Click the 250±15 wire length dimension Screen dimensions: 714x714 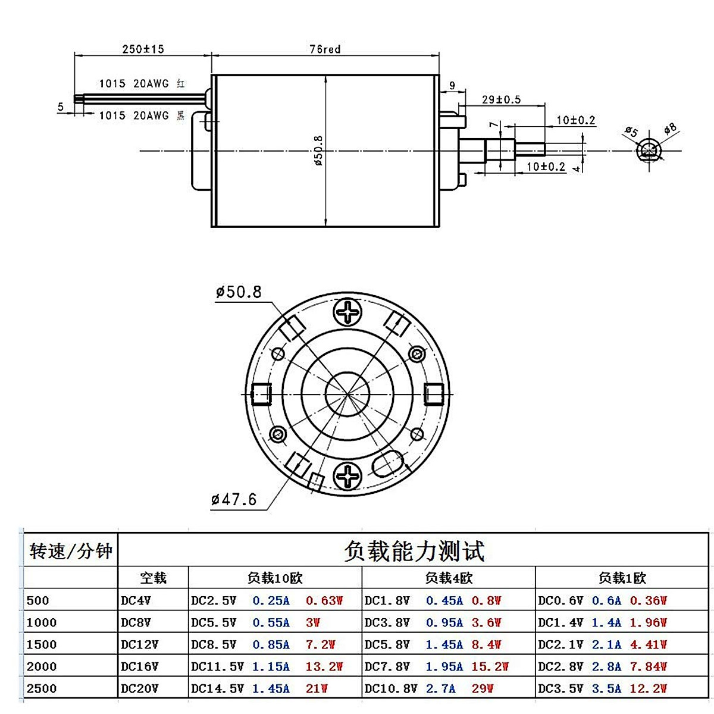coord(143,49)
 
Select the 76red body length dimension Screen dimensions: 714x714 coord(325,49)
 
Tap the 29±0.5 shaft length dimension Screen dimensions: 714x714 coord(501,99)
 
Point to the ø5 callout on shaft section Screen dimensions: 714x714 coord(631,131)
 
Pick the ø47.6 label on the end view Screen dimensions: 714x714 coord(234,499)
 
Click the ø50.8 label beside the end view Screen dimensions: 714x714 coord(239,292)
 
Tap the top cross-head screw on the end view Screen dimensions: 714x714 coord(347,312)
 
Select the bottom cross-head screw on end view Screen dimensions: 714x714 coord(347,477)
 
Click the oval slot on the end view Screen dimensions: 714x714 coord(389,463)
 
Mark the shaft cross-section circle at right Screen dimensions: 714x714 coord(649,151)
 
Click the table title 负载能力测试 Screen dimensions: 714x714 coord(414,551)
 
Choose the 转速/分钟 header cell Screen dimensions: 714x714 coord(71,551)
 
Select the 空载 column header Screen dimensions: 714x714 coord(153,578)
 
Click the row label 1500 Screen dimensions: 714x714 coord(42,644)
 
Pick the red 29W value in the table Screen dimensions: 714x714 coord(483,688)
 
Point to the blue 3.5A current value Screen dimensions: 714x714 coord(606,688)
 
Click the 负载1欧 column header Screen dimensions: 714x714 coord(622,578)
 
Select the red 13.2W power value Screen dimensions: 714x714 coord(324,666)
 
